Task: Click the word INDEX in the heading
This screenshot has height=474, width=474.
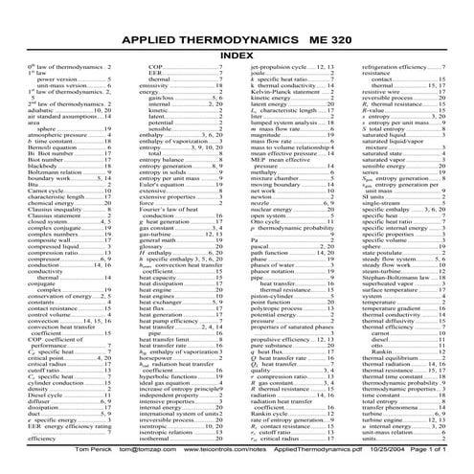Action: point(236,56)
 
